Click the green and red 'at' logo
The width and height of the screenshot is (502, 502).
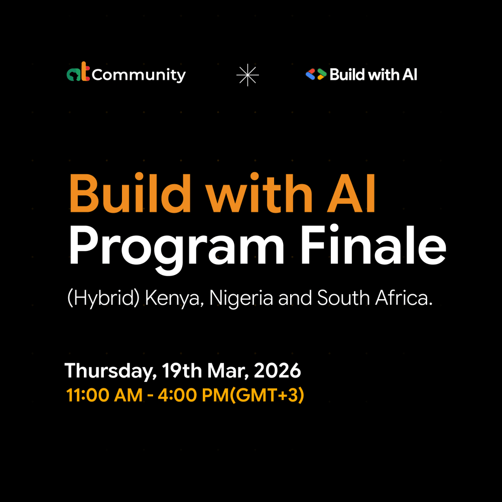(78, 71)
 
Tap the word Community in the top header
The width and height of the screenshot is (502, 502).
(139, 75)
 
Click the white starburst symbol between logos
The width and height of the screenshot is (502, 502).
(247, 75)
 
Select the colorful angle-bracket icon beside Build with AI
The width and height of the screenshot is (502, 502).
(316, 74)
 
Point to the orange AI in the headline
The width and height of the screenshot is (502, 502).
(351, 194)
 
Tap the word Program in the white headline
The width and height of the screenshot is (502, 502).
(176, 246)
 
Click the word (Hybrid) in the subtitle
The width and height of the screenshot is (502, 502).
(103, 298)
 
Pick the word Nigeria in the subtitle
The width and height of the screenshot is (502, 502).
(241, 298)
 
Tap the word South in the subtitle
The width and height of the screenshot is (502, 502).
(343, 298)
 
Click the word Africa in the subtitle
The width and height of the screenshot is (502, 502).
(404, 297)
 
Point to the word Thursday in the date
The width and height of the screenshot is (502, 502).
(110, 371)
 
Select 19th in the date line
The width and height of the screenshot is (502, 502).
(182, 370)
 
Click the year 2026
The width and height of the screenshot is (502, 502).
(277, 371)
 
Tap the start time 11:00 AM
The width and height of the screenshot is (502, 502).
(104, 395)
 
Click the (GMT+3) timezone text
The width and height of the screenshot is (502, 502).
(267, 395)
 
